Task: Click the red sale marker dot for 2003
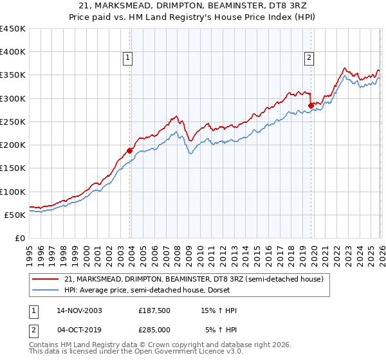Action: coord(129,150)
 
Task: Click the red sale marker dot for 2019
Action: coord(311,105)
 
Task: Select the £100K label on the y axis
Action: coord(13,192)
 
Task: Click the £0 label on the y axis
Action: coord(21,238)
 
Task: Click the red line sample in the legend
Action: coord(46,278)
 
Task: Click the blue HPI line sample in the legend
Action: coord(46,290)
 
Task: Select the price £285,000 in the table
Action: coord(154,329)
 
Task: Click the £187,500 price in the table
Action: coord(154,310)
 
